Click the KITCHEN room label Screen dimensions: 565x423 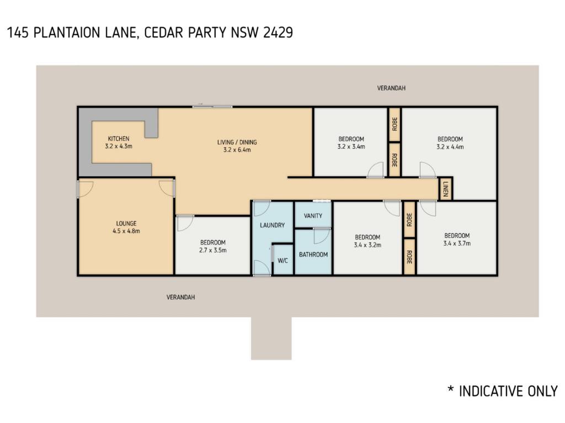click(119, 139)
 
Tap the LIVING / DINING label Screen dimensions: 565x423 click(237, 142)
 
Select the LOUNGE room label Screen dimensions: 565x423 click(126, 224)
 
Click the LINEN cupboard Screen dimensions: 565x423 click(445, 189)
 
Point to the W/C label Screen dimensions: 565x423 click(283, 261)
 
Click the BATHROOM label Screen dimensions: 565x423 click(313, 254)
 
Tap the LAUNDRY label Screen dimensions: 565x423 click(273, 225)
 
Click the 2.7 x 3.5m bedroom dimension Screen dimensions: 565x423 click(213, 251)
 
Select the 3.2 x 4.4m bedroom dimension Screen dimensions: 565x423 click(450, 147)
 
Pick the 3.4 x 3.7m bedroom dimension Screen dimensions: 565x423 click(457, 243)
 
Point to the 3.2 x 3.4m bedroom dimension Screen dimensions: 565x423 click(351, 147)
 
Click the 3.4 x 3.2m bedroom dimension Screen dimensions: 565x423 click(367, 245)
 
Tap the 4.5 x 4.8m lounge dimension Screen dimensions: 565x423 click(126, 231)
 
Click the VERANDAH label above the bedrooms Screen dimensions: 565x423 click(391, 88)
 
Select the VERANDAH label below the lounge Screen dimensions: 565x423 click(180, 297)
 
